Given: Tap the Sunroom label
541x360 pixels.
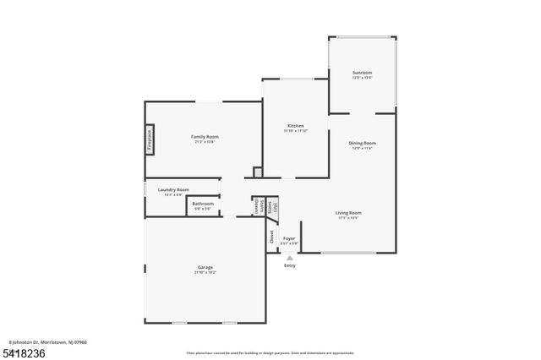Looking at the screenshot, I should coord(362,73).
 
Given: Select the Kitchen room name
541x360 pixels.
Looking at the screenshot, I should coord(295,126).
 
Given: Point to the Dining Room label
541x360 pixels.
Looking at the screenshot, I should coord(363,143).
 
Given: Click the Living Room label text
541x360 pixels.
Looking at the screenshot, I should coord(348,212).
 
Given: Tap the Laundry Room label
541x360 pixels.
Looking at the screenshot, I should coord(173,189).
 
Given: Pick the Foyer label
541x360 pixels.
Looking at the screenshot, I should coord(288,238).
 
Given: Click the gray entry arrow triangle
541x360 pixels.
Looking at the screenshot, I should coord(290,258).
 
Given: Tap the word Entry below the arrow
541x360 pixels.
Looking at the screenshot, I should coord(290,265).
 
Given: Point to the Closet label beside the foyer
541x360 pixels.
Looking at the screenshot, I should coord(271,237).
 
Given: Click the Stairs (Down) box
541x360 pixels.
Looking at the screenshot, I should coord(256,205).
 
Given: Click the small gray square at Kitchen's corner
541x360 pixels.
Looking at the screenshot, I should coord(258,172).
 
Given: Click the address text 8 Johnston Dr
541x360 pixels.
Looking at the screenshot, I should coord(46,342).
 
